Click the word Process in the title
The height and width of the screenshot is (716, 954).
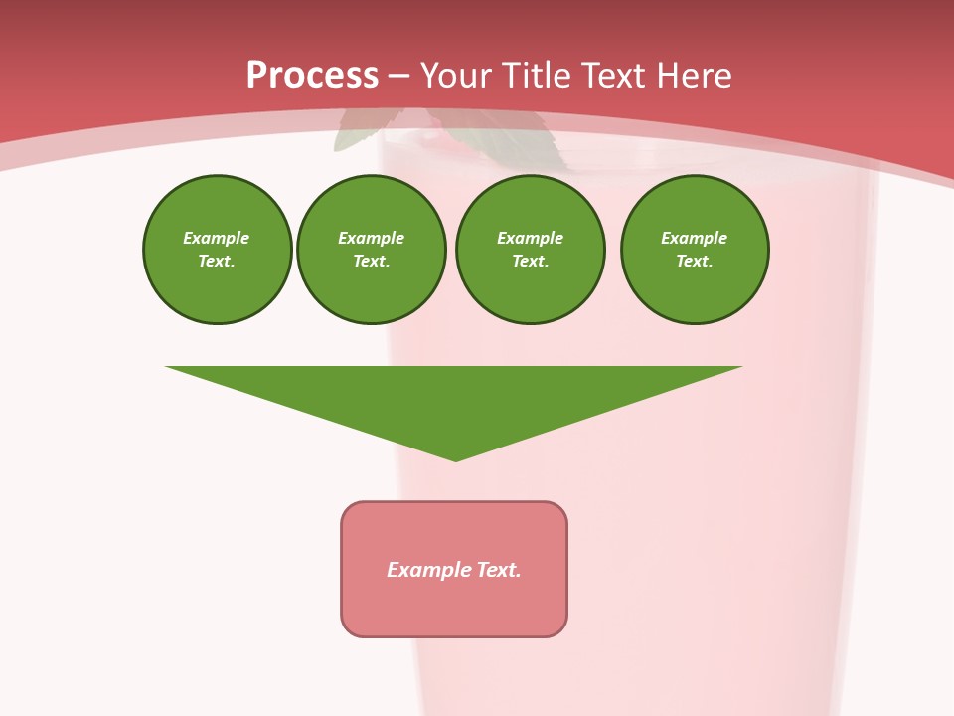pyautogui.click(x=312, y=76)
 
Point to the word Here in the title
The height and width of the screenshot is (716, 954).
pyautogui.click(x=700, y=76)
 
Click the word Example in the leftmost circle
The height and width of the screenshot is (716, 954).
pyautogui.click(x=216, y=238)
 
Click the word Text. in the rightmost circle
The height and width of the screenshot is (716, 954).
pyautogui.click(x=694, y=261)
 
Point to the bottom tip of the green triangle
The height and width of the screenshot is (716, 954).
pyautogui.click(x=455, y=458)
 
